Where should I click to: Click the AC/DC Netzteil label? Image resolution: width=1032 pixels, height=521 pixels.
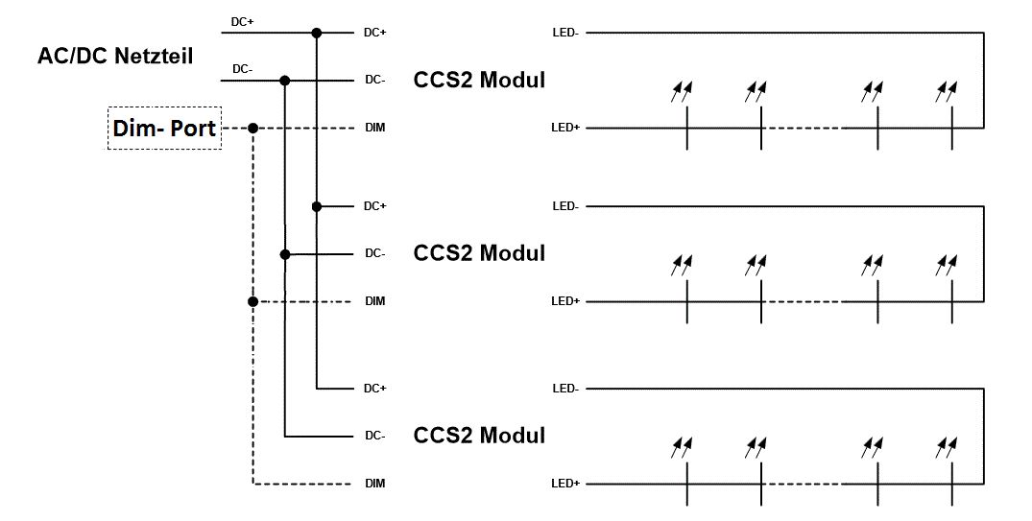[114, 57]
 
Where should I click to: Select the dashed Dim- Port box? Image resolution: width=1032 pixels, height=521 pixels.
[164, 128]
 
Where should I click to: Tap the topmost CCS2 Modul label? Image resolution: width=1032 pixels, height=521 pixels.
[479, 80]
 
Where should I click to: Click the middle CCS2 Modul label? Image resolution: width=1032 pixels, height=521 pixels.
[479, 253]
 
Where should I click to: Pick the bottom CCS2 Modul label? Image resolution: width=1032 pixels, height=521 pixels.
[479, 436]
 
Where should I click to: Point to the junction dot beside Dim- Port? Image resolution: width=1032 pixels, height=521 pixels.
[252, 128]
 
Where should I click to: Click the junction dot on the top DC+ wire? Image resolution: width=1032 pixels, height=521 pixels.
[316, 33]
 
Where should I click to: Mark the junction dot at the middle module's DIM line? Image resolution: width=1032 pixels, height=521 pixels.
[252, 301]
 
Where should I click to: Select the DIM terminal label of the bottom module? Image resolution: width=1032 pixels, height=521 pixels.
[374, 484]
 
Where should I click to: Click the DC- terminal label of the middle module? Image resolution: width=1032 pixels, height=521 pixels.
[374, 254]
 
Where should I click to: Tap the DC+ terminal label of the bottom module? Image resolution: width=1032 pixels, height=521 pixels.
[374, 389]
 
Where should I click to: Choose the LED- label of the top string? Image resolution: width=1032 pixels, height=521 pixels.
[564, 33]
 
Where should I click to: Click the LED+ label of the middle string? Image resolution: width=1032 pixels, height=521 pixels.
[565, 301]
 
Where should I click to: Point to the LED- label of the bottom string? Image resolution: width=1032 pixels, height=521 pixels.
[564, 389]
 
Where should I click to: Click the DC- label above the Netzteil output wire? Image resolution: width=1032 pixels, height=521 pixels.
[243, 68]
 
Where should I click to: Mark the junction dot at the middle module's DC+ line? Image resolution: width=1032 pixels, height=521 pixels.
[316, 206]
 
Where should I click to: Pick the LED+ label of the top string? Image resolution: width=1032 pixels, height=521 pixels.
[565, 128]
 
